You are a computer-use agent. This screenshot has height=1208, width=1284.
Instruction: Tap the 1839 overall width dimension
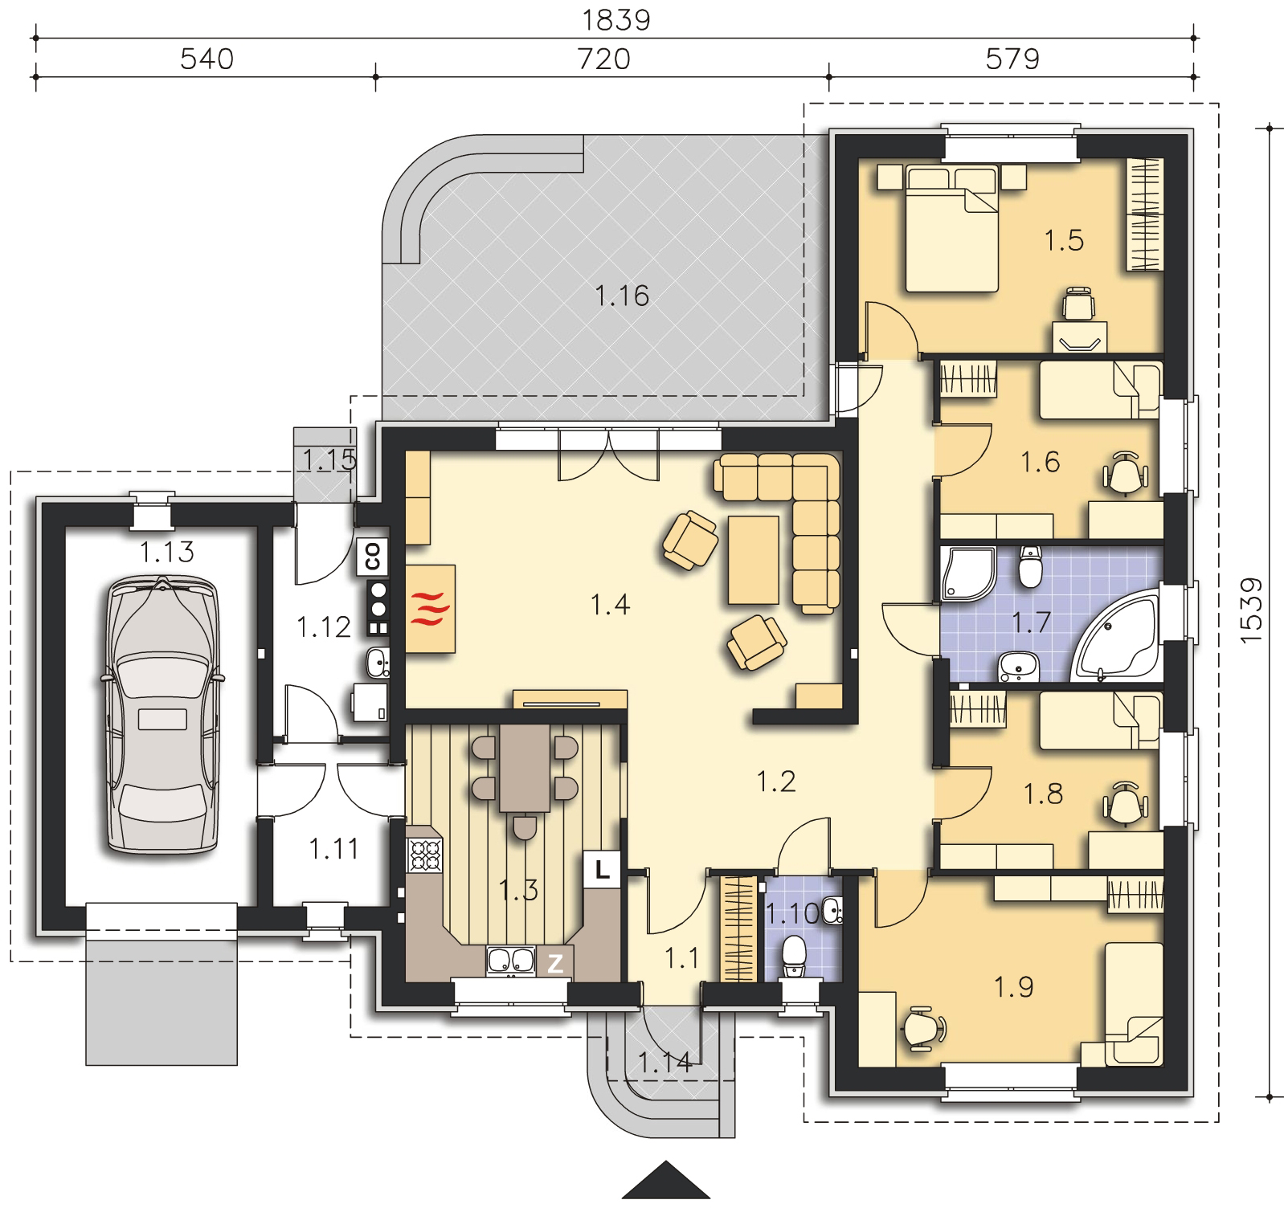[615, 20]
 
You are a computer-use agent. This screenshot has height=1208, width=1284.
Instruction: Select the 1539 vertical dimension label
[1251, 610]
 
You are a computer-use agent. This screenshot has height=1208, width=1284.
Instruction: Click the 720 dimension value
[604, 59]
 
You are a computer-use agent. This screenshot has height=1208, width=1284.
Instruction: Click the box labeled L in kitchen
[602, 869]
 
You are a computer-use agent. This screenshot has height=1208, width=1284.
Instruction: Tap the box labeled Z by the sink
[555, 964]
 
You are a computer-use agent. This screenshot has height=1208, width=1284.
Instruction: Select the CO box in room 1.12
[374, 557]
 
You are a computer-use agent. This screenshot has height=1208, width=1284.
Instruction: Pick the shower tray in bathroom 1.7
[967, 573]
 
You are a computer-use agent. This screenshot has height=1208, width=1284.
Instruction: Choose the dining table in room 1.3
[525, 769]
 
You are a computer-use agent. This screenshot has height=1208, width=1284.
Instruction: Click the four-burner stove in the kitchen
[426, 855]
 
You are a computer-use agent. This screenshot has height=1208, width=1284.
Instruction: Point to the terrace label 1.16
[622, 296]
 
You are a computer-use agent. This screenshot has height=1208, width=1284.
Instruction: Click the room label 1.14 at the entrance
[665, 1063]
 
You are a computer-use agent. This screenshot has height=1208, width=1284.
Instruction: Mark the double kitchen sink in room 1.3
[511, 961]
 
